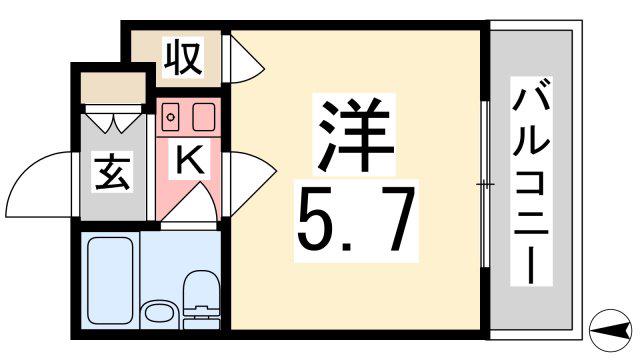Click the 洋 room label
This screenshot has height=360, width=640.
click(353, 135)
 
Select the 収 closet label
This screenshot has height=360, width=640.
click(183, 57)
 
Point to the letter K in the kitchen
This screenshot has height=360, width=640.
click(189, 159)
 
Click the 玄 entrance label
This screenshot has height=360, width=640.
click(112, 172)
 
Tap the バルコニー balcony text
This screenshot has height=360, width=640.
click(531, 181)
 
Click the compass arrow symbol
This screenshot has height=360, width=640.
click(611, 330)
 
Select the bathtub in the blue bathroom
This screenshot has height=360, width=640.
click(110, 280)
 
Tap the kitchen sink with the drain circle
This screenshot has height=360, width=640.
click(170, 117)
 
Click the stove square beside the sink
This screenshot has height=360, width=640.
click(204, 117)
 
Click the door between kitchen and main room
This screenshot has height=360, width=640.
click(251, 183)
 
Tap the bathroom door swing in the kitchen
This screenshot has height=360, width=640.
click(192, 204)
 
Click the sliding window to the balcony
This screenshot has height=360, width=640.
click(484, 184)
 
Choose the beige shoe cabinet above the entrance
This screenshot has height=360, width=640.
click(113, 88)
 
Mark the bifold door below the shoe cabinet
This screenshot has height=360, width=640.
click(114, 119)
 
